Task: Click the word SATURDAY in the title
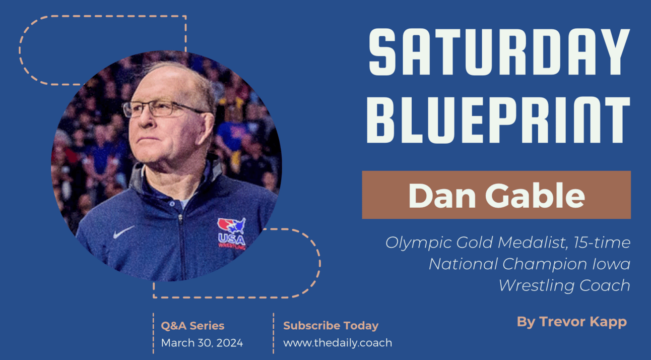499,51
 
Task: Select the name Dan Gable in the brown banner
496,195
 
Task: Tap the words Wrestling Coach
564,285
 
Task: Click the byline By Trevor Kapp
571,322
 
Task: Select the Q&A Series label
192,326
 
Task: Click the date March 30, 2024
202,343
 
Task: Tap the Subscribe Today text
331,326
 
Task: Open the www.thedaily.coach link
337,343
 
